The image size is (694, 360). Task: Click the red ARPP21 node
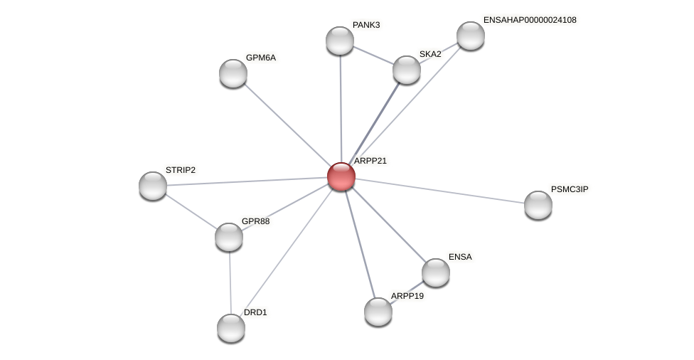point(341,176)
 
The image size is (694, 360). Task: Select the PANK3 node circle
point(340,41)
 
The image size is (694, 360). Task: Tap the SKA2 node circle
point(407,70)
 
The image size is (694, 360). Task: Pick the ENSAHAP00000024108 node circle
point(471,36)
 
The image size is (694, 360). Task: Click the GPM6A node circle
point(233,73)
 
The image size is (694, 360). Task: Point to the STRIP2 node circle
point(153,186)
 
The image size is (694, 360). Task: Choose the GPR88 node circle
point(229,237)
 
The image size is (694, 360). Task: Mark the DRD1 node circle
point(231,328)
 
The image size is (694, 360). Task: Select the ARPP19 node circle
point(378,312)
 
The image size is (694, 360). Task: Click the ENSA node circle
point(436,272)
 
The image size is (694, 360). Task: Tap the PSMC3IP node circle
point(538,205)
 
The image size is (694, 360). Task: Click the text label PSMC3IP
point(570,189)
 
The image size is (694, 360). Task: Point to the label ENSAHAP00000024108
point(530,20)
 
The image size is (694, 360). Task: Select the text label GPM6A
point(260,58)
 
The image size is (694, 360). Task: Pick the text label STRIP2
point(180,170)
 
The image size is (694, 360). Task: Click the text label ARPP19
point(407,296)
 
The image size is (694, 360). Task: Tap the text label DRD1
point(255,312)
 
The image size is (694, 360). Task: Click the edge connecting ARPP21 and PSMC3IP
point(441,191)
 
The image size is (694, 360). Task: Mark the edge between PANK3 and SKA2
point(373,55)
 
